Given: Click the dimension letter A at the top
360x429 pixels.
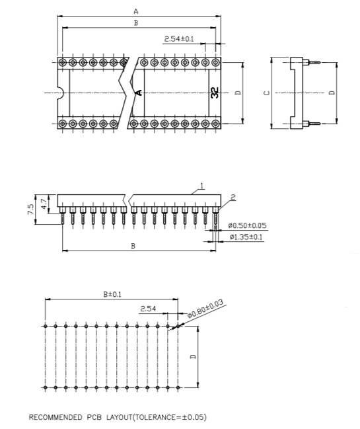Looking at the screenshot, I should pyautogui.click(x=135, y=11).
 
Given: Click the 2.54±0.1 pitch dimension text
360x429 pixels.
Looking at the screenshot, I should pyautogui.click(x=179, y=39).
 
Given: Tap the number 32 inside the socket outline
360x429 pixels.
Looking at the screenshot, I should pyautogui.click(x=215, y=93).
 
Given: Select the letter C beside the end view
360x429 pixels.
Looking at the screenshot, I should pyautogui.click(x=266, y=93).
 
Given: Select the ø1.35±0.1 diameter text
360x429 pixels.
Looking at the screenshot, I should pyautogui.click(x=246, y=237).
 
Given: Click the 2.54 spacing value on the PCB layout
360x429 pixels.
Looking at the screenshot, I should pyautogui.click(x=148, y=309).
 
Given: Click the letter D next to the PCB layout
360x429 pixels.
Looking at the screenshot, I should pyautogui.click(x=193, y=356).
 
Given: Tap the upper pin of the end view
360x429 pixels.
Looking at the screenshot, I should pyautogui.click(x=314, y=64).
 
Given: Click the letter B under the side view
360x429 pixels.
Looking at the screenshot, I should pyautogui.click(x=133, y=246).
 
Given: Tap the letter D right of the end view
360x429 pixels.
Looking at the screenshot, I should pyautogui.click(x=332, y=93).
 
